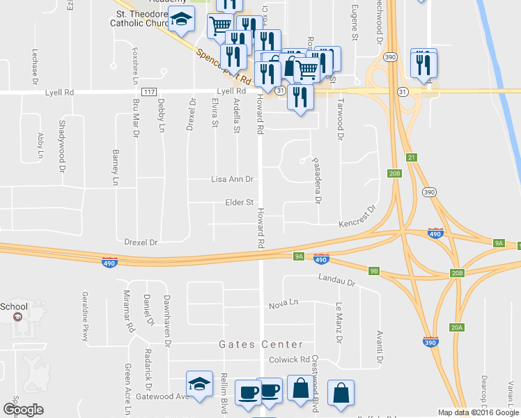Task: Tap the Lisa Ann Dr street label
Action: pyautogui.click(x=231, y=179)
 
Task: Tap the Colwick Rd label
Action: pyautogui.click(x=288, y=359)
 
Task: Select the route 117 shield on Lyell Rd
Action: pyautogui.click(x=148, y=91)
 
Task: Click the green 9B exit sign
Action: pyautogui.click(x=373, y=271)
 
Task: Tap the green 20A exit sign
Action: pyautogui.click(x=457, y=327)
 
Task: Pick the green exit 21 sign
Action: pyautogui.click(x=412, y=158)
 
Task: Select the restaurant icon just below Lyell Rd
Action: pyautogui.click(x=300, y=97)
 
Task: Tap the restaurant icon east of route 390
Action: pyautogui.click(x=423, y=64)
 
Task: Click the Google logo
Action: pyautogui.click(x=23, y=409)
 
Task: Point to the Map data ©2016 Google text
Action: pyautogui.click(x=478, y=412)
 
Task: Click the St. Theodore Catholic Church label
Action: pyautogui.click(x=143, y=19)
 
